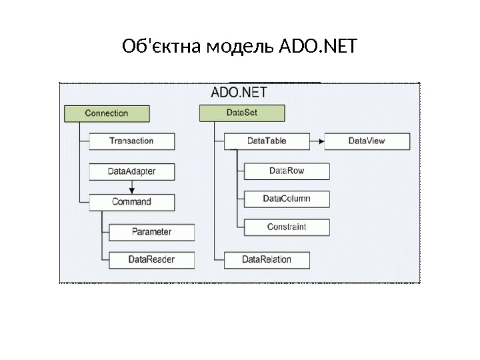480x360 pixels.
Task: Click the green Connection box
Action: click(107, 113)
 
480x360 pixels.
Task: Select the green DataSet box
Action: click(242, 113)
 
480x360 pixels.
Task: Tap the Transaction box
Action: click(132, 141)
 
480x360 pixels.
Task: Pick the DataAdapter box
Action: click(132, 171)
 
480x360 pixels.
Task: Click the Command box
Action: click(132, 202)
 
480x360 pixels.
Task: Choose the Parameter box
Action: click(152, 232)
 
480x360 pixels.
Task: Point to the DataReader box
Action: click(152, 259)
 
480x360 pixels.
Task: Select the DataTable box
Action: click(267, 141)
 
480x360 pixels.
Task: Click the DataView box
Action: click(367, 141)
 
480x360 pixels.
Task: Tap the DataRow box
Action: click(287, 171)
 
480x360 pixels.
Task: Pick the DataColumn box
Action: click(287, 199)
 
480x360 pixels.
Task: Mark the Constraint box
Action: click(287, 227)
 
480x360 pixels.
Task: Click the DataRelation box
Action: click(267, 259)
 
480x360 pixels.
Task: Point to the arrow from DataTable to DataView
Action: click(317, 141)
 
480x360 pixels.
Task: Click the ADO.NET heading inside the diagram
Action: click(239, 91)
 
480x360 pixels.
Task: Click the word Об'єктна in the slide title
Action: click(162, 47)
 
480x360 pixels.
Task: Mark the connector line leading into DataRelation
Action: click(219, 259)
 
